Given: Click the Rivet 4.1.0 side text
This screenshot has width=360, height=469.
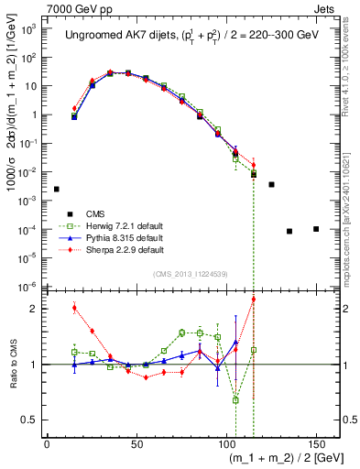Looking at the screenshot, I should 352,64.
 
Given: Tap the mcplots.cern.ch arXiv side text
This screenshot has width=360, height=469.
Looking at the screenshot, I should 352,202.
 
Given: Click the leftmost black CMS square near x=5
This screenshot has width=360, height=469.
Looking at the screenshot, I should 56,189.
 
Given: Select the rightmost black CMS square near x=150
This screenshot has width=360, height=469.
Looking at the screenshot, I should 315,229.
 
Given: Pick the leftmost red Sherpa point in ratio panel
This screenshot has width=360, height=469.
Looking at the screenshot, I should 74,308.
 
